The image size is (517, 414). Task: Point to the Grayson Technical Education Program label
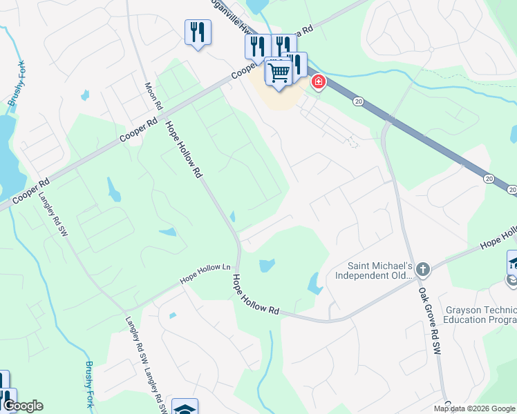click(480, 315)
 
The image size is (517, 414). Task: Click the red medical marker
click(318, 83)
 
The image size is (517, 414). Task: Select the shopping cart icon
click(279, 72)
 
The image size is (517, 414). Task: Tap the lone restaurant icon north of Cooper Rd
click(198, 32)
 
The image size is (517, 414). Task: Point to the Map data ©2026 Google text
click(474, 409)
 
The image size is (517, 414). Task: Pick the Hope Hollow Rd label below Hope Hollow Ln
click(255, 295)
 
